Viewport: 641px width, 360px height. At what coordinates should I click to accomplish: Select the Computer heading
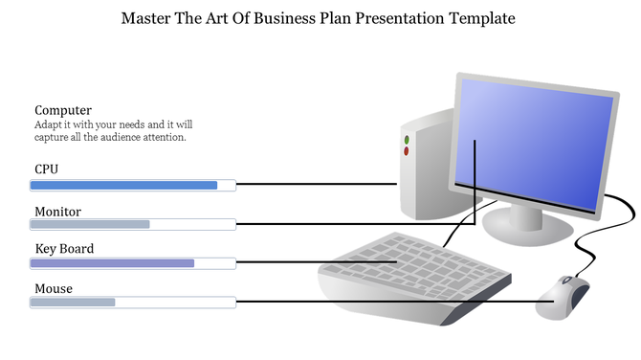63,110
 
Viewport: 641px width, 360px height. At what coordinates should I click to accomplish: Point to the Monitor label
57,212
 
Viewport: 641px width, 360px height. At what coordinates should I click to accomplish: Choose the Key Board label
64,249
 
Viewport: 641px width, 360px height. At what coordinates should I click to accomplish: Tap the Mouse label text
54,288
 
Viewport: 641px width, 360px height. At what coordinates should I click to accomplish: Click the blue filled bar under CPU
124,186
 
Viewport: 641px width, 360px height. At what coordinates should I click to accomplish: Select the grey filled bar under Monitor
90,224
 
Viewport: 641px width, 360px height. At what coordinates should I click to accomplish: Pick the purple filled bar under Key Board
113,262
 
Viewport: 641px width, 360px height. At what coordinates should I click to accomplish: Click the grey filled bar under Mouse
73,303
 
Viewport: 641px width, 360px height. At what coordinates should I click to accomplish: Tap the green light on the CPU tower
406,141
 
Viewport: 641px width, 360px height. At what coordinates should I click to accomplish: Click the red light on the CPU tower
406,151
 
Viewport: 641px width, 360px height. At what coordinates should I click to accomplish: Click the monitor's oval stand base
528,228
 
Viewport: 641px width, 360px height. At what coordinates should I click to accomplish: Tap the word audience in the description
130,137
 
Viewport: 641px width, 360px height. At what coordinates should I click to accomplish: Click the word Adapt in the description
48,124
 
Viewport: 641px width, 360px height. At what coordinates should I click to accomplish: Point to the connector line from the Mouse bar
383,303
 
